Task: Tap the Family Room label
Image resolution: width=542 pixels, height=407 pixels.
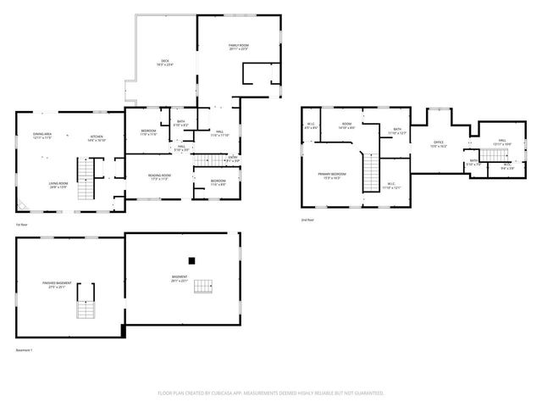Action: click(x=238, y=47)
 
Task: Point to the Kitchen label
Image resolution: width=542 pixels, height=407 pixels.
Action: click(x=97, y=138)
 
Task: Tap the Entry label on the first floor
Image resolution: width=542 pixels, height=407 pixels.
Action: click(x=232, y=159)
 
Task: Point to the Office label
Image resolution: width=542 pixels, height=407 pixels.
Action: click(x=438, y=144)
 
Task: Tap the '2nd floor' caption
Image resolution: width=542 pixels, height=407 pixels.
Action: click(x=307, y=220)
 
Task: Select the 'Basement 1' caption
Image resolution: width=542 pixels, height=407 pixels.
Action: click(x=24, y=349)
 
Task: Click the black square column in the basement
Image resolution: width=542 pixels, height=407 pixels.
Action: click(x=192, y=260)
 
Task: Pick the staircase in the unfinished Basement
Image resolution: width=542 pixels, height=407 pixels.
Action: click(x=202, y=287)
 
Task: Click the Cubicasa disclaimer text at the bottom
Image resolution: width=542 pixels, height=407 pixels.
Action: click(x=271, y=393)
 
